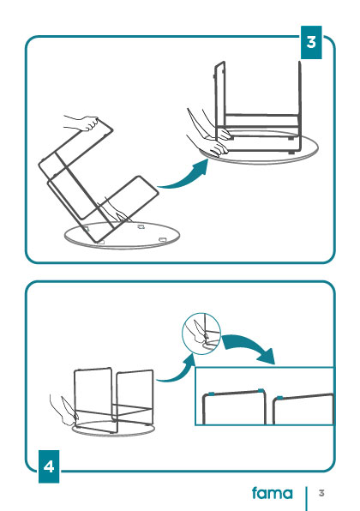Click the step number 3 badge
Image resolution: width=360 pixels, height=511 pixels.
(x=311, y=42)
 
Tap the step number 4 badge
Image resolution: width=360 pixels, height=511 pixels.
(x=49, y=466)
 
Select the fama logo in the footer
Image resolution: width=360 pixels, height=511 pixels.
(x=273, y=493)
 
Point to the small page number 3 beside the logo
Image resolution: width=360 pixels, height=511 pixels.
(x=321, y=493)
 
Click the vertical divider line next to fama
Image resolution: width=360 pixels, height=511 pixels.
(x=306, y=499)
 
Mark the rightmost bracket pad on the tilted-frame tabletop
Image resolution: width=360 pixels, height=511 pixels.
(x=162, y=240)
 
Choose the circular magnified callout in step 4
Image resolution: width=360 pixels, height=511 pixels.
(x=201, y=334)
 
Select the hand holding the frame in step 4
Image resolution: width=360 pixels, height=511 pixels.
(x=65, y=412)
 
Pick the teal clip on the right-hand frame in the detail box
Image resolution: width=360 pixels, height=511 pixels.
(x=279, y=398)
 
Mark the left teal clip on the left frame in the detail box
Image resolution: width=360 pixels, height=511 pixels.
(x=211, y=394)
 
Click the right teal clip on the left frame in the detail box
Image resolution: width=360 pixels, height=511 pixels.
(x=261, y=390)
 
